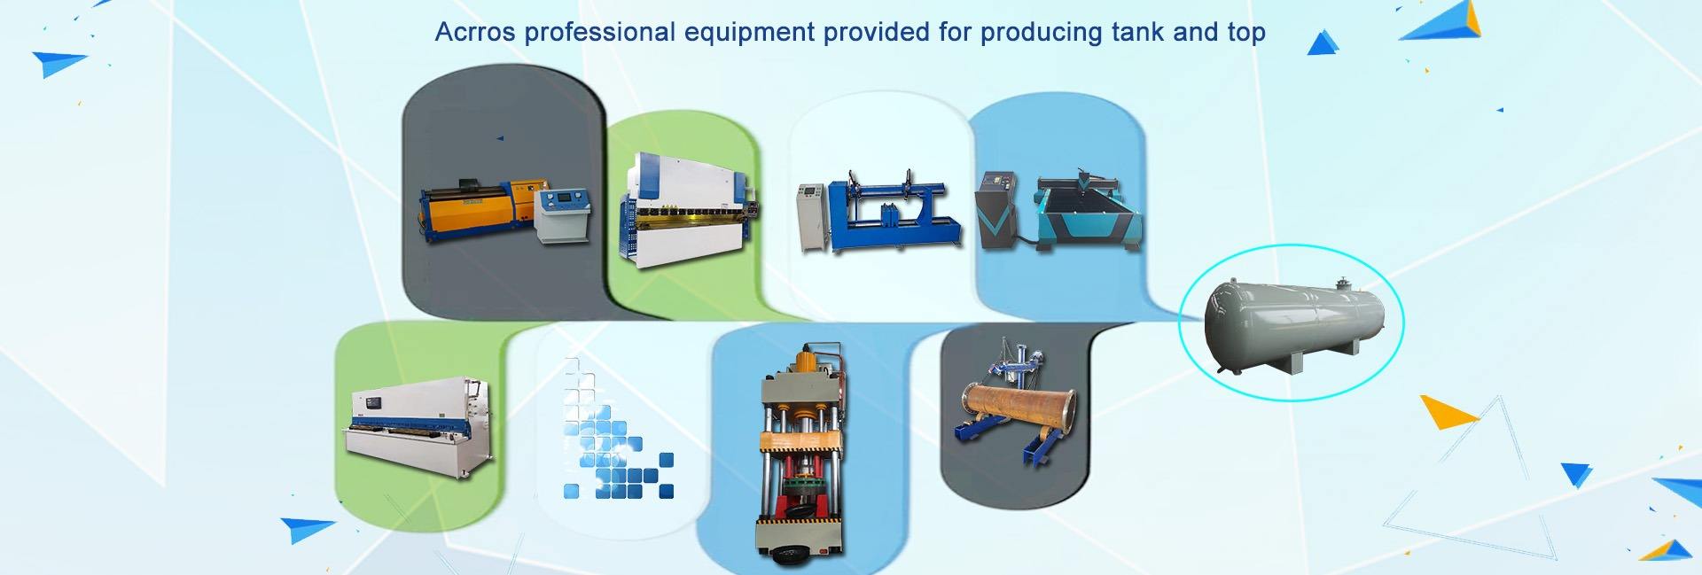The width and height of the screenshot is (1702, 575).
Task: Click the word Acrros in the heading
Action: coord(476,33)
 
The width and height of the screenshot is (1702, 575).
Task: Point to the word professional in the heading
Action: coord(600,33)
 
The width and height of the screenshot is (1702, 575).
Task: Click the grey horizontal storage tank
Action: coord(1290,323)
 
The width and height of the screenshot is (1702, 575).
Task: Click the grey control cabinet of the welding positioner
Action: coord(813,217)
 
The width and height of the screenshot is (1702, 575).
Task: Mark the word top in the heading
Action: coord(1245,33)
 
